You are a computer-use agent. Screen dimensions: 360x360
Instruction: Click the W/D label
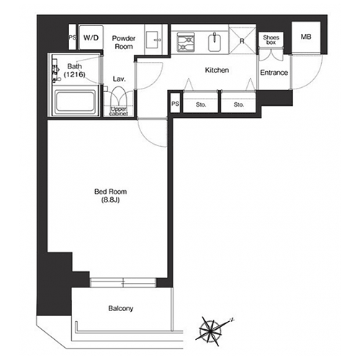tap(91, 37)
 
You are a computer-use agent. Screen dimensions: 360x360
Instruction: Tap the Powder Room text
tap(124, 42)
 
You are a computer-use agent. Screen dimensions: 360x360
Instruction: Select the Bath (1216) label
tap(74, 71)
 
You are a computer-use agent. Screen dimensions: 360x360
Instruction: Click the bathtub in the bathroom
tap(75, 102)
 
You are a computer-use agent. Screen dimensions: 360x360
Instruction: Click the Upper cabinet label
tap(119, 112)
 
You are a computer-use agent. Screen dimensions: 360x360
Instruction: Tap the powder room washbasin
tap(153, 40)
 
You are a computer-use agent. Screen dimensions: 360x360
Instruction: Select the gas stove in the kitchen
tap(186, 42)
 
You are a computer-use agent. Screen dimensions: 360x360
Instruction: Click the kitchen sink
tap(215, 42)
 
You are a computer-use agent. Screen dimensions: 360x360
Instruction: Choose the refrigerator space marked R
tap(242, 39)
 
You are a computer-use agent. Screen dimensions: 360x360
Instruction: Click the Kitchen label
tap(217, 70)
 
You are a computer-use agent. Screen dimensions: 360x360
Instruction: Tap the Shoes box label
tap(271, 40)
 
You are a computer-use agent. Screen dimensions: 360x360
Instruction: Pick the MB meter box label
tap(306, 37)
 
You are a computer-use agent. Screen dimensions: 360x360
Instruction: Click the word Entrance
tap(274, 73)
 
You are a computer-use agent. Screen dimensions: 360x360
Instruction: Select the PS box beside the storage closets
tap(175, 104)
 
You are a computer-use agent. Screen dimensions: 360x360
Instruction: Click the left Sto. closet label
tap(201, 104)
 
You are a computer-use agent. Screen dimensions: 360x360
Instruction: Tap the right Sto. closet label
tap(239, 104)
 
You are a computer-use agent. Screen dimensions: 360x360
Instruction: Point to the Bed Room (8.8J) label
tap(110, 196)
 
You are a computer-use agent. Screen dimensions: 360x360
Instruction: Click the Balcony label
tap(121, 308)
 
